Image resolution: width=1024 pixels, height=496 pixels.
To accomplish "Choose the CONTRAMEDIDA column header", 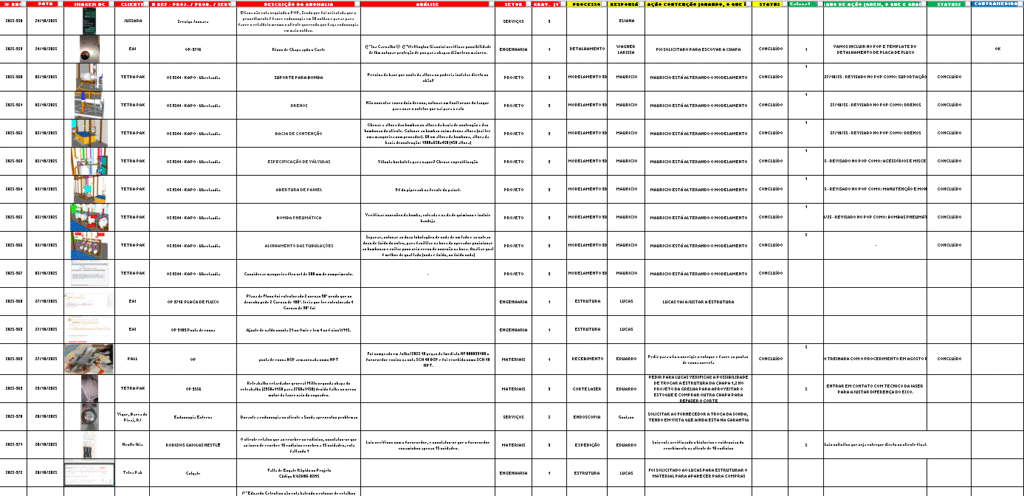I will (997, 5).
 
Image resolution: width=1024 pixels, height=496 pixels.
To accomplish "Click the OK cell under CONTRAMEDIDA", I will (997, 48).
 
